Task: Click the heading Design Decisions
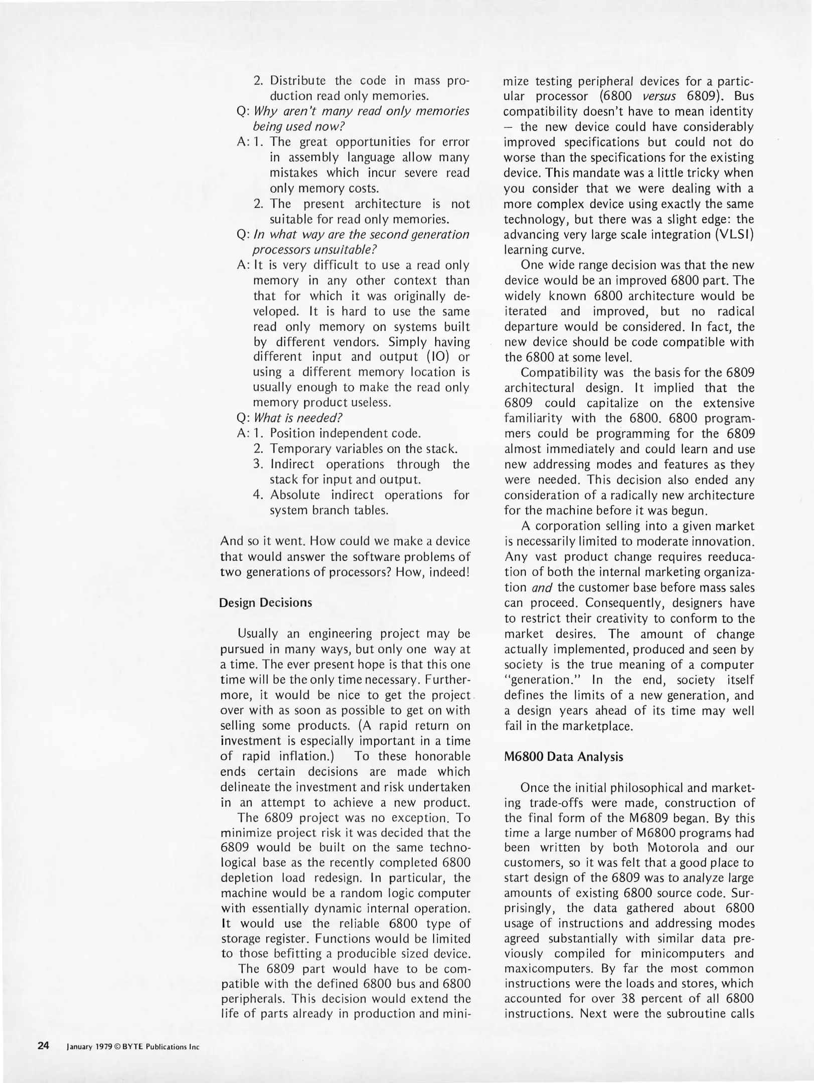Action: tap(265, 603)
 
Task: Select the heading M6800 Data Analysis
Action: tap(563, 757)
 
